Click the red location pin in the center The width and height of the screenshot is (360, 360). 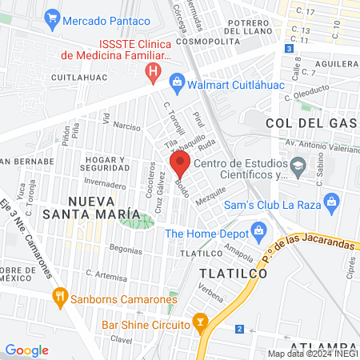[179, 166]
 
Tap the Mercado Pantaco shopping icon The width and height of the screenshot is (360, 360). [53, 16]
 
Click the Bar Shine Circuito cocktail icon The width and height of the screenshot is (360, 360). [202, 325]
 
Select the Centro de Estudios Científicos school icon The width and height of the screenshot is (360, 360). [298, 169]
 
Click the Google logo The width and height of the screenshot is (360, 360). [26, 350]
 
